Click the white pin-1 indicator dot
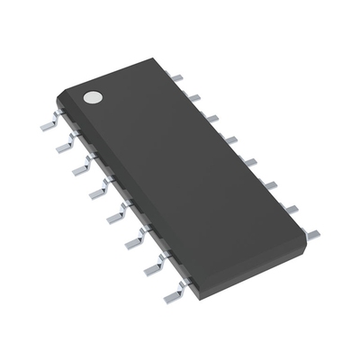point(91,95)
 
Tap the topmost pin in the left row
point(50,124)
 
